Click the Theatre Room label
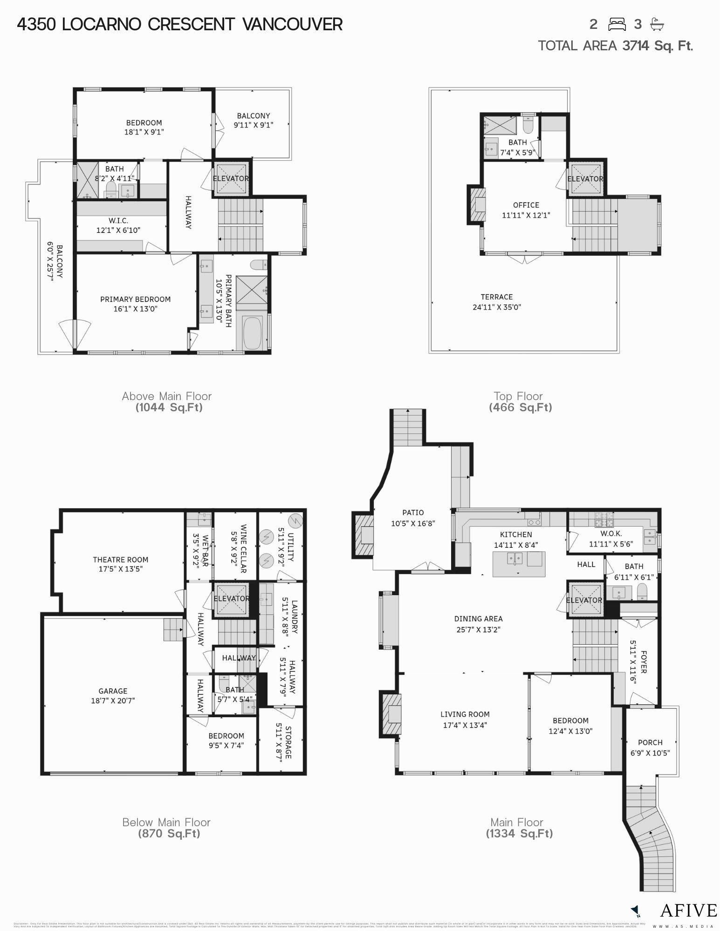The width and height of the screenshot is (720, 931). [120, 560]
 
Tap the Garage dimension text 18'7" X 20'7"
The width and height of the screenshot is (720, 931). [113, 700]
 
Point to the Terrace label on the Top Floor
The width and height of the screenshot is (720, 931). [497, 297]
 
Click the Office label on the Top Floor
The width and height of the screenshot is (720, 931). [526, 205]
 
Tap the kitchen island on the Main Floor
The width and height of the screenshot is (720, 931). [519, 564]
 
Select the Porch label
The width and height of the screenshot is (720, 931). [650, 742]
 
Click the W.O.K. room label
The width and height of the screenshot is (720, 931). [611, 534]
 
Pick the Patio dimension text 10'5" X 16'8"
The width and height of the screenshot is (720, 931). [413, 523]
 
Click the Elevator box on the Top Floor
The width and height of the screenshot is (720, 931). [585, 178]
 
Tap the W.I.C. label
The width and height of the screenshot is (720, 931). [118, 220]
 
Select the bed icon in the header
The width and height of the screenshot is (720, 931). [617, 24]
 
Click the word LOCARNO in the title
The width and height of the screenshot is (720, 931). [101, 24]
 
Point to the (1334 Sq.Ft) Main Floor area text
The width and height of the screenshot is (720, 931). [519, 833]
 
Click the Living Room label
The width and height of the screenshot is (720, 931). [465, 714]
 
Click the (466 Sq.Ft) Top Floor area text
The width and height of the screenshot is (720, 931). [520, 408]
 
